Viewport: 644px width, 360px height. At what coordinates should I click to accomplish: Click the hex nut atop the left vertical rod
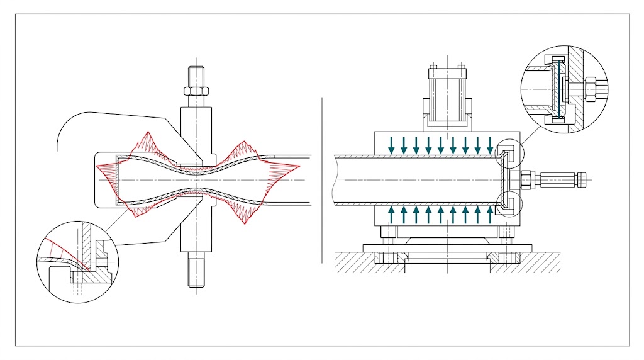196,92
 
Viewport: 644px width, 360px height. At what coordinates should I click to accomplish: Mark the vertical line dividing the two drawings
321,180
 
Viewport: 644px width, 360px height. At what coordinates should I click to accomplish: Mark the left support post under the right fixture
391,242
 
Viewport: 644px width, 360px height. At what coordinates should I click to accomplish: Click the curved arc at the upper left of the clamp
63,129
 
